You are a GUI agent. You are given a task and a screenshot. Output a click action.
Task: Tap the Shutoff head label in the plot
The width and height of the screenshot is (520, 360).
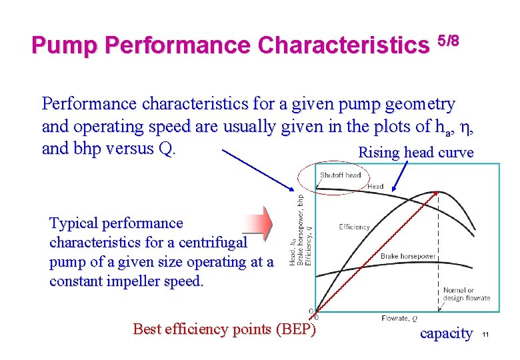click(340, 175)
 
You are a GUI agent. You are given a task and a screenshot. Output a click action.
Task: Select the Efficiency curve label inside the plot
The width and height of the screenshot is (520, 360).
click(354, 227)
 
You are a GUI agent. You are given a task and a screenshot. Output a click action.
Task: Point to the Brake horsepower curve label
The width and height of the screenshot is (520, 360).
click(408, 256)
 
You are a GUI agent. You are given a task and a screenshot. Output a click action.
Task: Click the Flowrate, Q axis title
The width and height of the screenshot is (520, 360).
click(400, 318)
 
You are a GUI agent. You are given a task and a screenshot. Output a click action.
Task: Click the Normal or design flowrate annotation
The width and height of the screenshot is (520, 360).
click(467, 294)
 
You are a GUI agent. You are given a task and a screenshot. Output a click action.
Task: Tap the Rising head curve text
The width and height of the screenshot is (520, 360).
click(416, 153)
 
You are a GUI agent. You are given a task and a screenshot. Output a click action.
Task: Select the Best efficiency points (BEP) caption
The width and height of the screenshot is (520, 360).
click(225, 329)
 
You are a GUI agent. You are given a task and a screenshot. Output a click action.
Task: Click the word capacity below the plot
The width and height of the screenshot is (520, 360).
click(446, 333)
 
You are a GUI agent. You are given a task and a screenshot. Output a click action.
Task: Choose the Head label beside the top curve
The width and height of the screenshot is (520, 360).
click(375, 187)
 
